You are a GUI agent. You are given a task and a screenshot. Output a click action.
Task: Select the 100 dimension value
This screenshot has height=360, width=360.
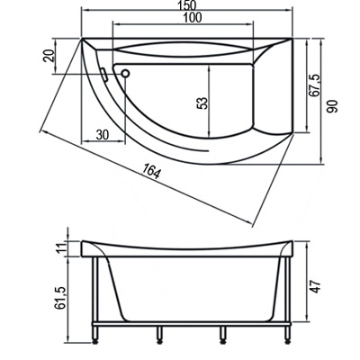pyautogui.click(x=192, y=18)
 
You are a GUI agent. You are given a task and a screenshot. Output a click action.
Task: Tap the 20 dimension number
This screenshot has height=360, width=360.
pyautogui.click(x=49, y=55)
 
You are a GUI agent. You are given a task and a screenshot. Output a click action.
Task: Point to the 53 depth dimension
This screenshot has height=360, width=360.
pyautogui.click(x=203, y=103)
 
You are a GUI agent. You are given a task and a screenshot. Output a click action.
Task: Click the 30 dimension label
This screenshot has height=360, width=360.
pyautogui.click(x=103, y=135)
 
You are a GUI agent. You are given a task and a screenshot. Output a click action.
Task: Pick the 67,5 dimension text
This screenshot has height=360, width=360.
pyautogui.click(x=314, y=85)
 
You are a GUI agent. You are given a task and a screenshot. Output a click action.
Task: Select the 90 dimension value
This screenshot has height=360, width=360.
pyautogui.click(x=332, y=106)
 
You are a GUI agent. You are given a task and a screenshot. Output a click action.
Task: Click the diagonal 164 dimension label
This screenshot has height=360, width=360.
pyautogui.click(x=151, y=172)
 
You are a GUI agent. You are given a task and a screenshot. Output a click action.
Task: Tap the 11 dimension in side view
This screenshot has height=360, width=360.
pyautogui.click(x=61, y=248)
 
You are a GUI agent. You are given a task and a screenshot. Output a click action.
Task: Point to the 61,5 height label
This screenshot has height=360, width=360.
pyautogui.click(x=60, y=298)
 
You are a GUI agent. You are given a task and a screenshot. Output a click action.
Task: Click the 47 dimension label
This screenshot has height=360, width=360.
pyautogui.click(x=316, y=287)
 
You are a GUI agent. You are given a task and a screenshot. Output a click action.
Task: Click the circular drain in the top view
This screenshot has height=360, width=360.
pyautogui.click(x=125, y=74)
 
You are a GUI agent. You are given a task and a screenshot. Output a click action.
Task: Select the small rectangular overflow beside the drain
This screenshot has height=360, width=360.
pyautogui.click(x=104, y=75)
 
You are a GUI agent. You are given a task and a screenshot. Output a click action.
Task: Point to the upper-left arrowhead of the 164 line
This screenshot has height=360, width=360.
pyautogui.click(x=44, y=132)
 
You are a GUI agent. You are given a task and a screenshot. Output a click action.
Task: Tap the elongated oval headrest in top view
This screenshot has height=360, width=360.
pyautogui.click(x=184, y=49)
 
